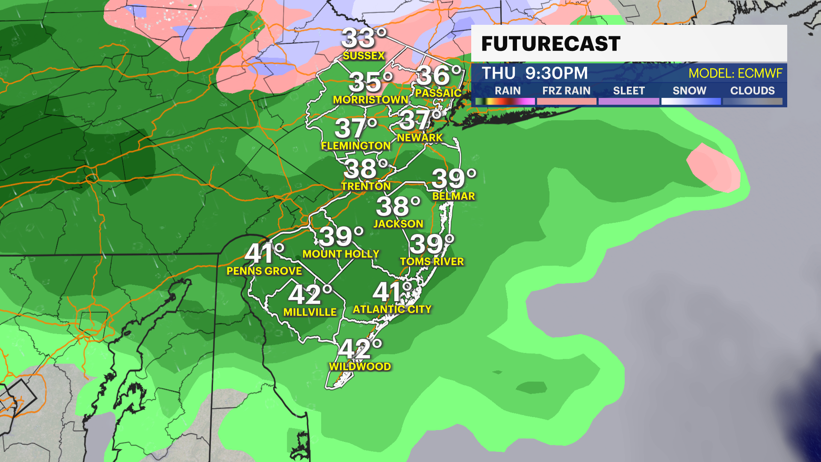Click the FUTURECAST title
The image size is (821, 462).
551,44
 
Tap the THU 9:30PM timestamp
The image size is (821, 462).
535,73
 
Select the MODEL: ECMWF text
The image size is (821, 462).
735,74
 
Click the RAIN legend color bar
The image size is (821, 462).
505,101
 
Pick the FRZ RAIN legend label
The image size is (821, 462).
566,91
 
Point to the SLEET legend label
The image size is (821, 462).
629,91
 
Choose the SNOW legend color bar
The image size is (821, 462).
691,101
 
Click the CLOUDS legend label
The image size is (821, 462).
752,91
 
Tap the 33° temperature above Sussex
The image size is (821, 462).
364,38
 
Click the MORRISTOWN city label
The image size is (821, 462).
370,100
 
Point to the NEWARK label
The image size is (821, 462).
419,138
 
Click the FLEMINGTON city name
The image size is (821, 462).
356,146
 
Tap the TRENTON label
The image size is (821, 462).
366,186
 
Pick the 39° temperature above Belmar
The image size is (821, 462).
454,178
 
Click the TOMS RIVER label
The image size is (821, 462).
432,261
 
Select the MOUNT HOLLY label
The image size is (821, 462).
341,254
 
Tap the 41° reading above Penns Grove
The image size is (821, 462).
264,253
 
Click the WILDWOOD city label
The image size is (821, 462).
360,367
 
